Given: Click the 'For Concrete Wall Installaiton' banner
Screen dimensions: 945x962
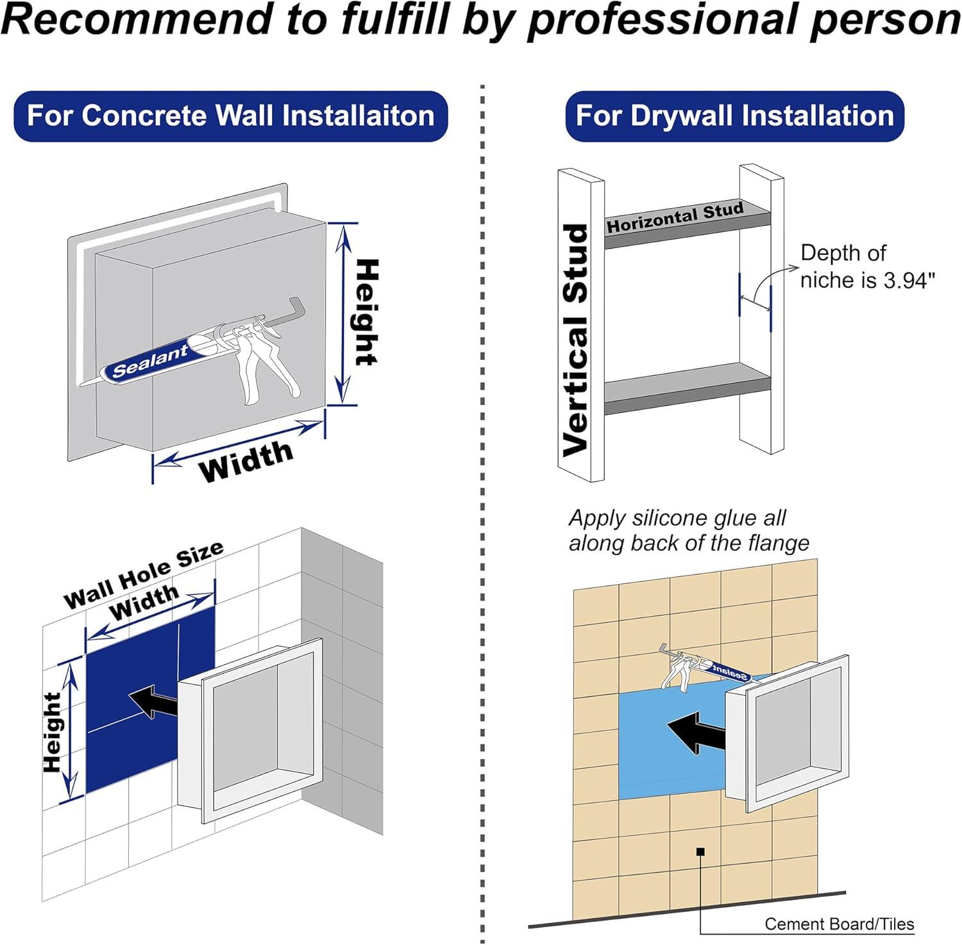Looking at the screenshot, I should coord(230,116).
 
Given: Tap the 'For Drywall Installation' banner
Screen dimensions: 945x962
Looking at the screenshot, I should coord(734,116).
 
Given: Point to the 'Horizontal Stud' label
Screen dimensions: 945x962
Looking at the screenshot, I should coord(675,217).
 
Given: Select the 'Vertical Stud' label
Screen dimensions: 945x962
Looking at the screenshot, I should coord(575,340).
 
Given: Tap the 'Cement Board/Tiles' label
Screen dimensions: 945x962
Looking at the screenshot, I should coord(839,924).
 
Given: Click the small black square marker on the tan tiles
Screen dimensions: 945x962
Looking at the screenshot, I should coord(700,851).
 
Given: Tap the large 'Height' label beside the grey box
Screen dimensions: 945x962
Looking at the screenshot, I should coord(367,312).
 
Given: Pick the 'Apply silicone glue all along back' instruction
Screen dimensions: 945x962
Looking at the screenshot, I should coord(688,530).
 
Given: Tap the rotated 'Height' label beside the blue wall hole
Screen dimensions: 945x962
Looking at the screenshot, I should coord(53,732).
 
